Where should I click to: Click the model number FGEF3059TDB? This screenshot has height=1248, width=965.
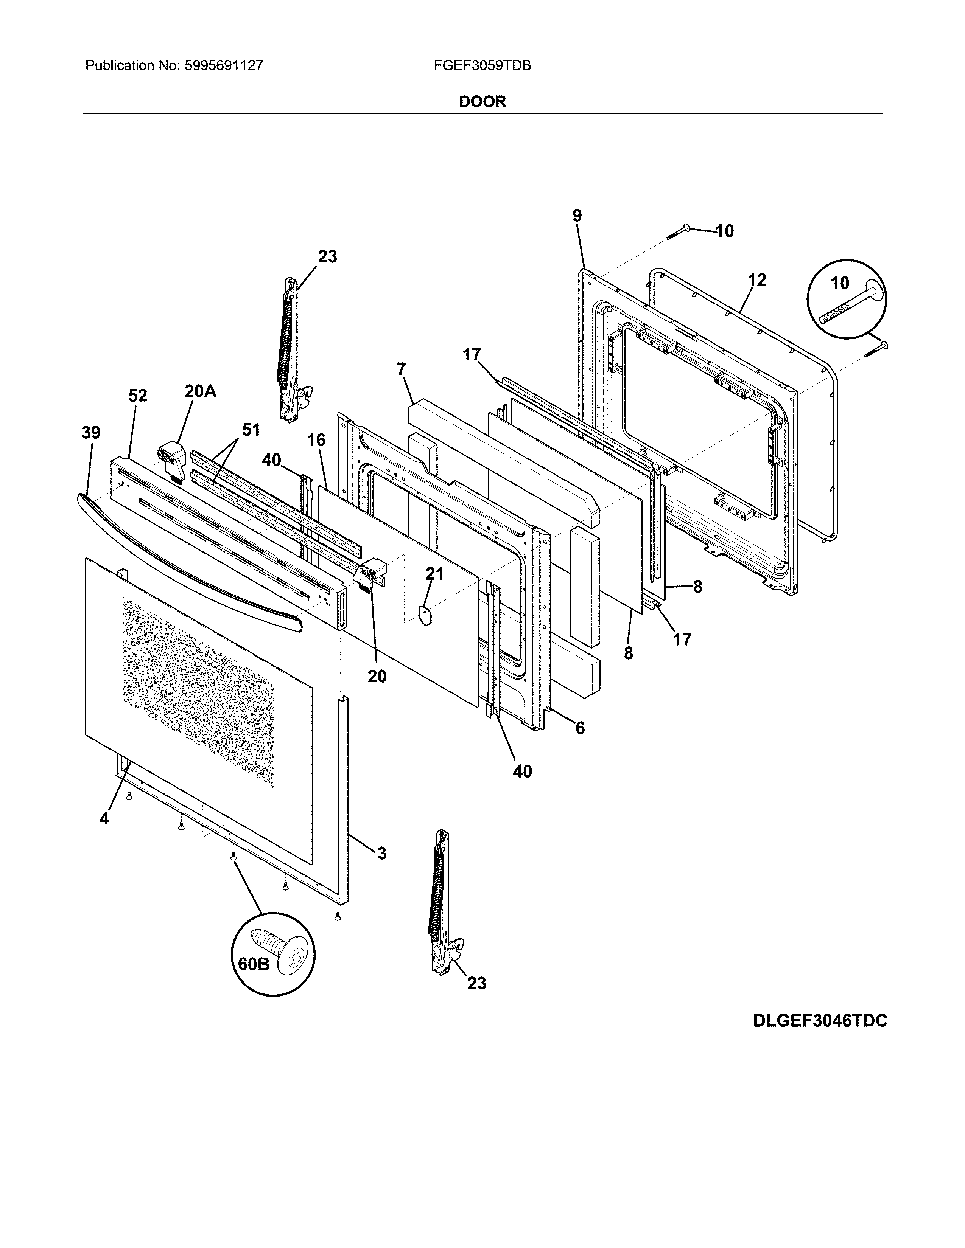click(482, 66)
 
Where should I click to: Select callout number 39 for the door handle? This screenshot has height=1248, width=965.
click(90, 433)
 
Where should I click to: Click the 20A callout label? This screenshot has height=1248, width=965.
click(200, 391)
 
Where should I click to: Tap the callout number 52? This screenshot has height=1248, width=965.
click(137, 396)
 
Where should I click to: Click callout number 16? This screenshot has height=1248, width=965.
click(316, 440)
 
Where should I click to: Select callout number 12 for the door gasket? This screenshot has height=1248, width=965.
click(756, 280)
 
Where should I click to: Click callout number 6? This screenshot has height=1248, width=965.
click(580, 728)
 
